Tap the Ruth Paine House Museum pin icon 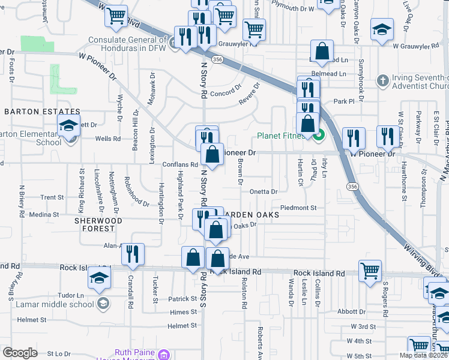[x=162, y=355]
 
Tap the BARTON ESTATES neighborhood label [x=42, y=112]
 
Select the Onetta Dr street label [x=264, y=192]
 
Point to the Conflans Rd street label [x=180, y=164]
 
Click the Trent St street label [x=52, y=197]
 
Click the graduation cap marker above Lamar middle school [x=99, y=277]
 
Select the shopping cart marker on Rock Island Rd [x=370, y=270]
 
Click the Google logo [x=20, y=353]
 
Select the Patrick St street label [x=182, y=299]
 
